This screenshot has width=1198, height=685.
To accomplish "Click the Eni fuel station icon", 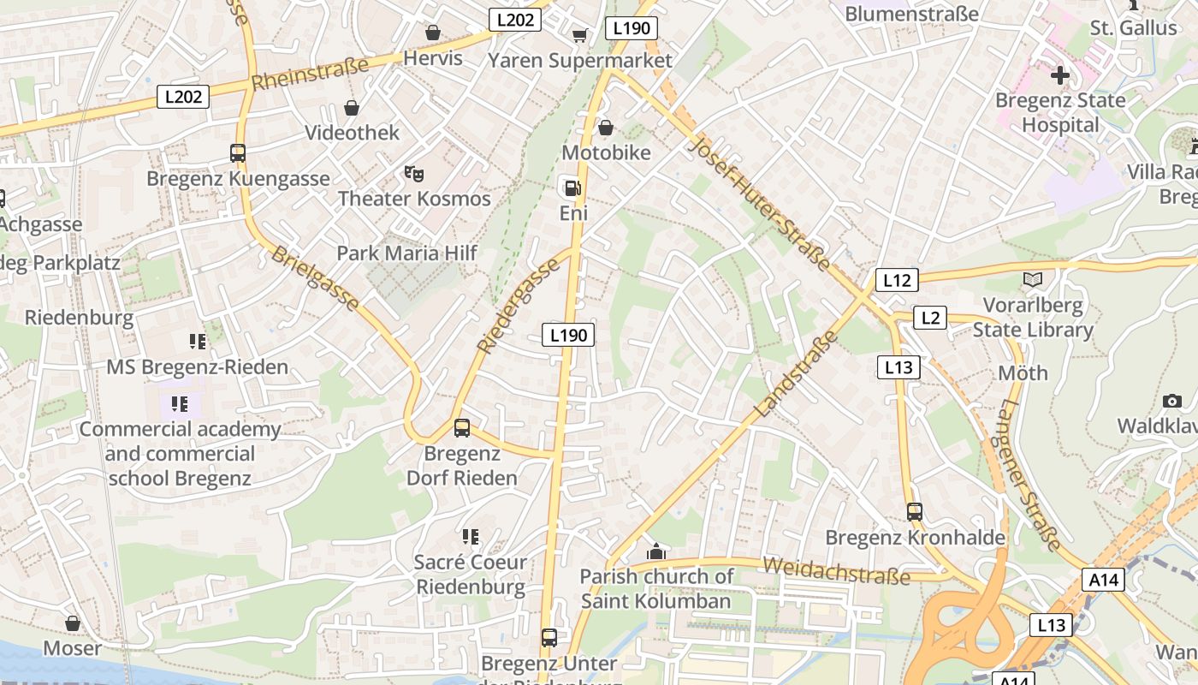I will (x=571, y=188).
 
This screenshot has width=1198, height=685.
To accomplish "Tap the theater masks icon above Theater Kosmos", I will (x=414, y=175).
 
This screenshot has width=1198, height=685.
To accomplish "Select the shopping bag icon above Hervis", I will (x=433, y=33).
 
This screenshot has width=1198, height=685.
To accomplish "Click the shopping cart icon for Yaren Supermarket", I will (x=579, y=35).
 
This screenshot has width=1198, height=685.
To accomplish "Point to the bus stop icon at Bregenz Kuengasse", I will (x=238, y=153).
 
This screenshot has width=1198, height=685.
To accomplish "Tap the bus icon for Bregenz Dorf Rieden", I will (x=462, y=428).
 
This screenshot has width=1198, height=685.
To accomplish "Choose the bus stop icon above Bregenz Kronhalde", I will (x=915, y=512).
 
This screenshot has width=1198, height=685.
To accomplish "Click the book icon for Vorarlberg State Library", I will (x=1033, y=280).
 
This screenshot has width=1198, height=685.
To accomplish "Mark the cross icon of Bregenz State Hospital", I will (x=1060, y=75).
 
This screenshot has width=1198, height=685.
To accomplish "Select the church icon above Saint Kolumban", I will (x=656, y=551).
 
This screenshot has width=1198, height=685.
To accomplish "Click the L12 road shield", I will (x=897, y=280).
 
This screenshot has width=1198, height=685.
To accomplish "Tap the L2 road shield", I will (x=930, y=319).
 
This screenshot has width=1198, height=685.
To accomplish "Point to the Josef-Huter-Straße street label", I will (x=759, y=203).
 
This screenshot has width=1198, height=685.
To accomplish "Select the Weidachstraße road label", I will (x=836, y=570).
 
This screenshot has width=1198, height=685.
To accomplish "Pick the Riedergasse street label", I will (x=519, y=306).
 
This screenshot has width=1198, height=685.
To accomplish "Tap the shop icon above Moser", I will (x=73, y=623).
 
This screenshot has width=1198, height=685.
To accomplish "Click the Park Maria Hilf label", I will (x=406, y=253).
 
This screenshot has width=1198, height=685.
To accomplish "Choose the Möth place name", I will (x=1023, y=373).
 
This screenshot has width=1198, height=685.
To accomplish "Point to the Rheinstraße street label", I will (x=311, y=73).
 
